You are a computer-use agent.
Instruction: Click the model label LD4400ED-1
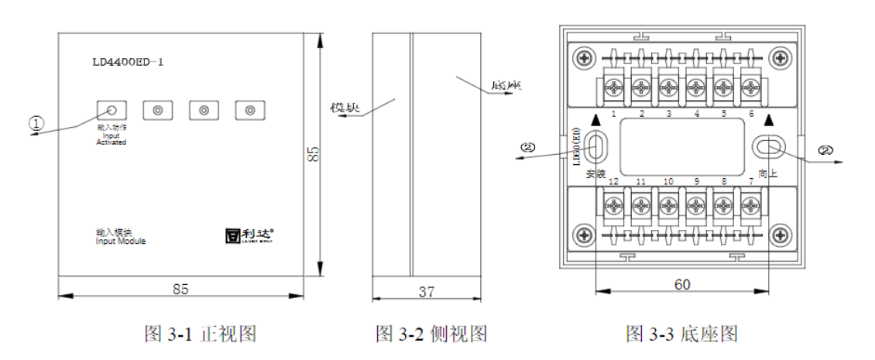(128, 61)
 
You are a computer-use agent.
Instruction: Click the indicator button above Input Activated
(112, 110)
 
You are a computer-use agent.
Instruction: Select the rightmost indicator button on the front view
(249, 110)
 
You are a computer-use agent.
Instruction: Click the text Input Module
(121, 241)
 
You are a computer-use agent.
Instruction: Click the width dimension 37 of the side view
(426, 291)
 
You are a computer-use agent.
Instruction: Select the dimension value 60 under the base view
(681, 284)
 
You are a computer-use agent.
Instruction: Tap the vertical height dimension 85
(313, 153)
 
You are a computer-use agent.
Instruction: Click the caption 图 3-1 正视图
(201, 334)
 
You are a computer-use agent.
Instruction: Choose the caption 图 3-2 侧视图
(431, 334)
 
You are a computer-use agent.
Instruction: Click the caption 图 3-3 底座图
(681, 334)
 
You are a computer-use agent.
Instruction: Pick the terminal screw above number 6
(749, 89)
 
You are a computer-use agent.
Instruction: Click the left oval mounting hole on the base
(596, 146)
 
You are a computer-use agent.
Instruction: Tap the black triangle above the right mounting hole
(768, 121)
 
